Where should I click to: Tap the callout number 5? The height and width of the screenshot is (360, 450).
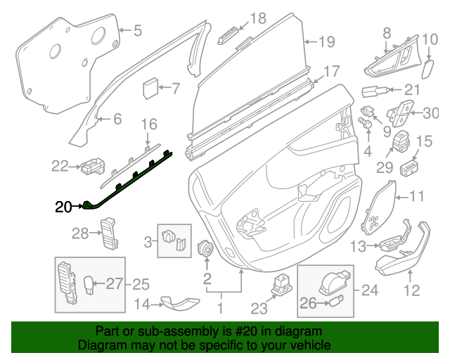(x=138, y=30)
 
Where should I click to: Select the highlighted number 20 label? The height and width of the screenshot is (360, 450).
(x=63, y=207)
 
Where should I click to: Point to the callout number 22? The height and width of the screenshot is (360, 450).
(x=61, y=167)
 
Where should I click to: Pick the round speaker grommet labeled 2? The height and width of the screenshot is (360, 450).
(x=207, y=249)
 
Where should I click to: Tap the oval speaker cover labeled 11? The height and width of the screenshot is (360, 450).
(x=380, y=209)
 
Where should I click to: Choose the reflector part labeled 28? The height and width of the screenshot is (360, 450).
(x=108, y=233)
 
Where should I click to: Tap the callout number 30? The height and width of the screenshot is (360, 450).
(x=430, y=112)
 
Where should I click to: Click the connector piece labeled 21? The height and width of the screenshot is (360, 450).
(x=373, y=91)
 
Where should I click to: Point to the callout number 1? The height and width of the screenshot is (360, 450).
(x=220, y=307)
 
